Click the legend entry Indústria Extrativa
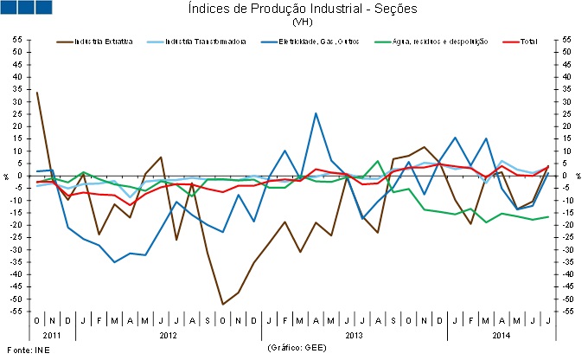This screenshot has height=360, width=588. click(102, 41)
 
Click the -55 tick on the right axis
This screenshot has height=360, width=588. click(567, 311)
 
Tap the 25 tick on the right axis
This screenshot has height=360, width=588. click(566, 113)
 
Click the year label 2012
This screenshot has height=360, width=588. click(169, 333)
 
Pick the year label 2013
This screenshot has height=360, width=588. click(355, 333)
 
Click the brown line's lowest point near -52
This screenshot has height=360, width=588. click(223, 304)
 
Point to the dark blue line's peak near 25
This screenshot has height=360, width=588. click(316, 113)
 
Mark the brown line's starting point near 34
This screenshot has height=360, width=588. click(36, 92)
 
